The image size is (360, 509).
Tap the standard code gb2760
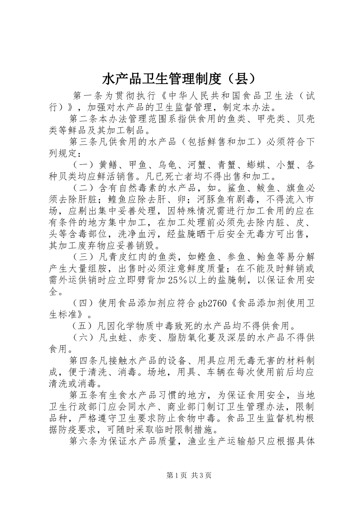click(213, 303)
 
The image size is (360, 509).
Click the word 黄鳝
click(108, 165)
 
